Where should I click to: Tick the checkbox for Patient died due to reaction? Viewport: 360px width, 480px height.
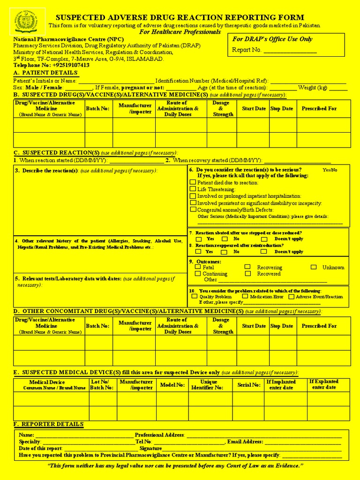[x=193, y=182]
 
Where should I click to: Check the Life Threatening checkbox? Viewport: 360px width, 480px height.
[x=193, y=189]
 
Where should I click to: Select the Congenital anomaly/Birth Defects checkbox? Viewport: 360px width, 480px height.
[x=193, y=210]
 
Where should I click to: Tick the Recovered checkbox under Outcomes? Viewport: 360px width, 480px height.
[x=247, y=273]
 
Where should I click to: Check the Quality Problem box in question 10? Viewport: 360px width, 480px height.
[x=195, y=296]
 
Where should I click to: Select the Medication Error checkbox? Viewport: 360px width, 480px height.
[x=245, y=296]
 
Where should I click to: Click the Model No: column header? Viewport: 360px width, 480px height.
[x=172, y=385]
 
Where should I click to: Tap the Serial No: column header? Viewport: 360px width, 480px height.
[x=248, y=385]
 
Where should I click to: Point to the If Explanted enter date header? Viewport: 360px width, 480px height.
[x=324, y=384]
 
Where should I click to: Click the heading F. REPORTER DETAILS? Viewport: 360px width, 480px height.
[x=49, y=424]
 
